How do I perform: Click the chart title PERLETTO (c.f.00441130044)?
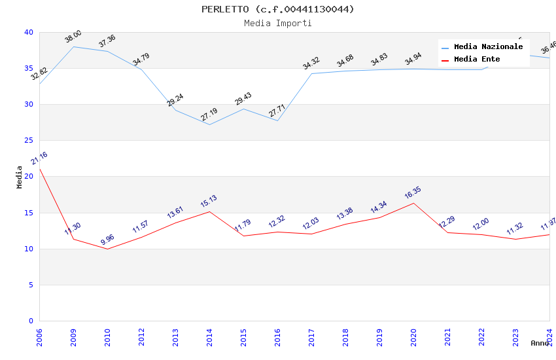277,9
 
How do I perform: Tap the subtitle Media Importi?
277,23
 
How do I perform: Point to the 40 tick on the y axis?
28,32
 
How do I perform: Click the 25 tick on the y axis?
28,141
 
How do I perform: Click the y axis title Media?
20,177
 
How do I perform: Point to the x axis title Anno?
540,343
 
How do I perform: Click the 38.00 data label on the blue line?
73,37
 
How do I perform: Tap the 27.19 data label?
209,115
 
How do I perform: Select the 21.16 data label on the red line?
39,159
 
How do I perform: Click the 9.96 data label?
107,240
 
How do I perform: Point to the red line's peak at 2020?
413,203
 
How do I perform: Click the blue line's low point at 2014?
209,124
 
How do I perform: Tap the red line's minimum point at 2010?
107,249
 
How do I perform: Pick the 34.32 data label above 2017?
311,63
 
